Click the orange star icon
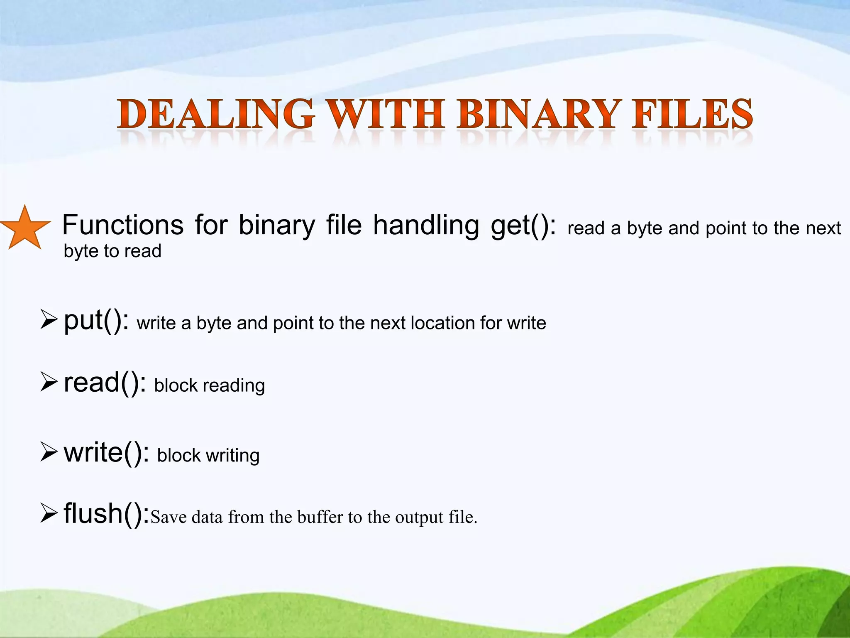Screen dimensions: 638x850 (25, 228)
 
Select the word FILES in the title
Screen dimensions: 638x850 (692, 114)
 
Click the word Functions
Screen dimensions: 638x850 (123, 225)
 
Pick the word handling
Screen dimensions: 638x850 (426, 225)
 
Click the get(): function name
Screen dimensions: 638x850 (523, 226)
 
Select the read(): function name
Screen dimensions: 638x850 (105, 383)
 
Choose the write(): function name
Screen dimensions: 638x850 (106, 452)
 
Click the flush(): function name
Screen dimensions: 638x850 (106, 514)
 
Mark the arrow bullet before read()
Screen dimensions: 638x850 (49, 382)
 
